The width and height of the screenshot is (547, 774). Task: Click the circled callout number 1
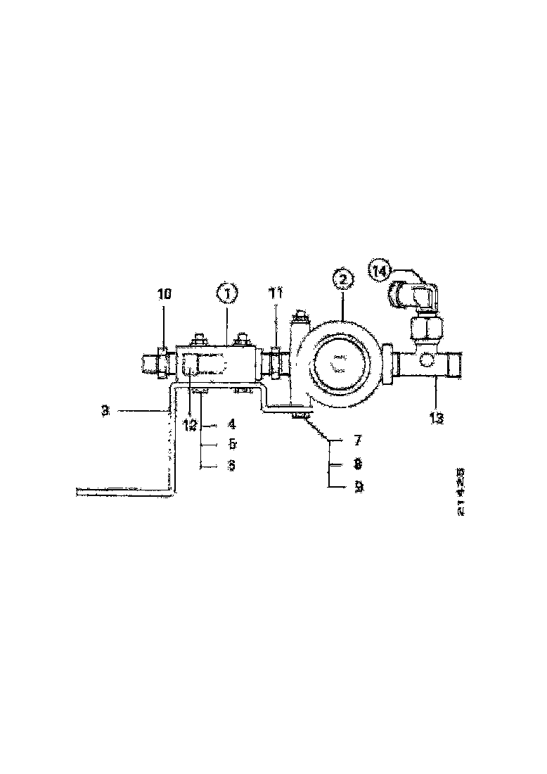coord(226,291)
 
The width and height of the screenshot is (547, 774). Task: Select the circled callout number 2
coord(342,279)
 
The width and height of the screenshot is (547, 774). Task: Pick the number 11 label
coord(276,293)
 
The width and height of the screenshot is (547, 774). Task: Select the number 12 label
coord(191,424)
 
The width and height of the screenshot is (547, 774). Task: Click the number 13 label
coord(436,418)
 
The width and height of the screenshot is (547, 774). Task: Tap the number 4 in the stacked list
coord(231,425)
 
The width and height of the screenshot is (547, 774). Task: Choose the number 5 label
coord(231,445)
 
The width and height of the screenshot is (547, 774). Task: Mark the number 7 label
coord(358,441)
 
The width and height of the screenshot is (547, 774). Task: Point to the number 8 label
coord(358,464)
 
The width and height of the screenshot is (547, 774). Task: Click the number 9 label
coord(358,486)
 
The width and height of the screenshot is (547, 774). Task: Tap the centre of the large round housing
coord(340,364)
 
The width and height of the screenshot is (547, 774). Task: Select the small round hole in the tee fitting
coord(426,362)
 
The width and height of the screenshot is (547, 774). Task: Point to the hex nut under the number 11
coord(275,362)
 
